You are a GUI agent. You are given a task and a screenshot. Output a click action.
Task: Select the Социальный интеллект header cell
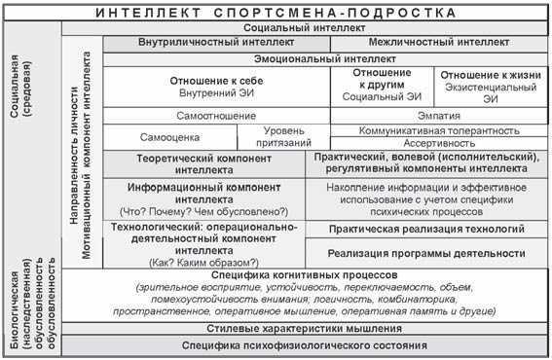[306, 30]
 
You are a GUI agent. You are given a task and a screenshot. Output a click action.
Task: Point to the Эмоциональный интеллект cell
[306, 58]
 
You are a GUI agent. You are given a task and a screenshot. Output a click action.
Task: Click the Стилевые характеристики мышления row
[306, 329]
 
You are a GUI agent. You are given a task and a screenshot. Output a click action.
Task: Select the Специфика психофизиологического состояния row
[306, 345]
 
